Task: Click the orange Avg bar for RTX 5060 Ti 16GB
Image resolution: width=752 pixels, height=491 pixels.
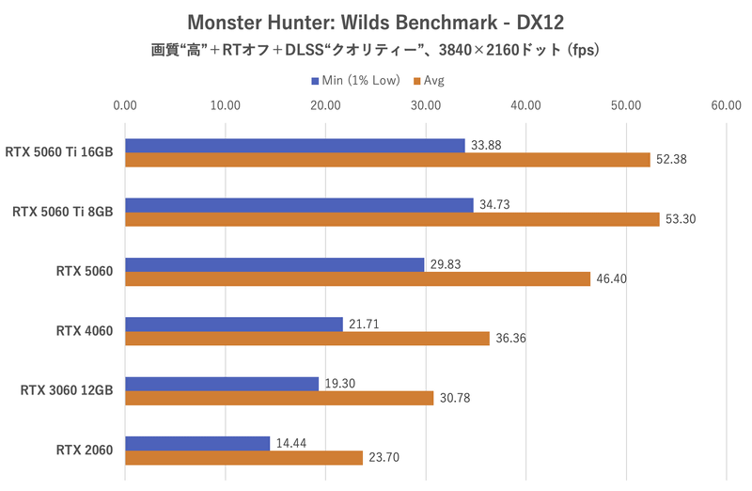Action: (387, 160)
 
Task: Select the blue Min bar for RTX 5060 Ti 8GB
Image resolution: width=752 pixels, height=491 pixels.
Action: (299, 205)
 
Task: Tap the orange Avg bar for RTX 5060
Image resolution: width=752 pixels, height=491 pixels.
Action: (357, 279)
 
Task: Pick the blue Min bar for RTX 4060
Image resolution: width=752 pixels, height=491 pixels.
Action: (233, 324)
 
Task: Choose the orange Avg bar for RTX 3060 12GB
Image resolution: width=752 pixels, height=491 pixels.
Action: (279, 398)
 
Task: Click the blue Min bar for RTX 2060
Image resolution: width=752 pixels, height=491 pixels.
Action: (197, 443)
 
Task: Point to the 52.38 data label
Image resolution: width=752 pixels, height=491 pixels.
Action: (673, 160)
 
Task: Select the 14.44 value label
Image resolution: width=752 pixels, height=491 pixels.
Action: (290, 442)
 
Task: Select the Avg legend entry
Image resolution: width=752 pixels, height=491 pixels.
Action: (428, 80)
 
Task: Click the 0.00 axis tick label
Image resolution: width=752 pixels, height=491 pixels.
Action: (124, 105)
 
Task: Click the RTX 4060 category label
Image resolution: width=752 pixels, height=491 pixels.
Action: (85, 331)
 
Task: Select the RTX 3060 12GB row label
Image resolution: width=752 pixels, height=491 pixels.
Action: (67, 390)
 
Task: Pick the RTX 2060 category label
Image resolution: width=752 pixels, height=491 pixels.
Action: (85, 451)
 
